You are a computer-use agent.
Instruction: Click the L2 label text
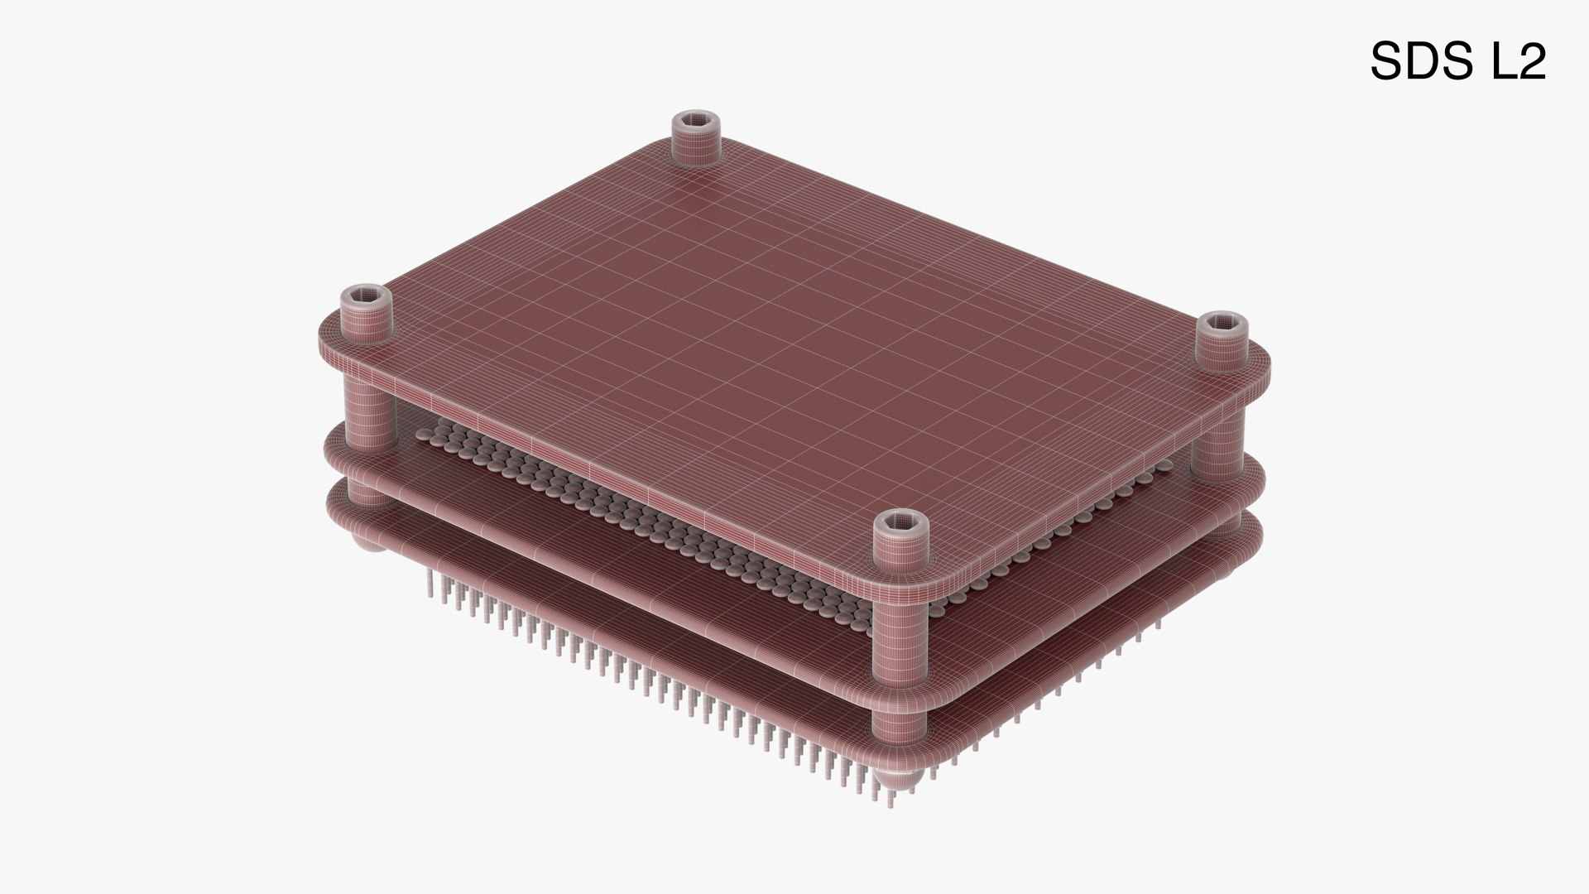point(1518,61)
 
